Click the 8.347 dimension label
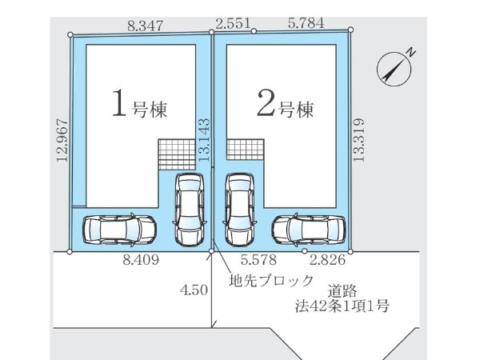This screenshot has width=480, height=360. tap(145, 26)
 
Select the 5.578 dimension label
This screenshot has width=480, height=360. tap(260, 260)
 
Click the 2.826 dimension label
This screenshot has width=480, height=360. tap(329, 260)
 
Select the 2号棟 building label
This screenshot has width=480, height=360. tap(283, 106)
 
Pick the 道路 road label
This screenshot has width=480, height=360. tap(340, 292)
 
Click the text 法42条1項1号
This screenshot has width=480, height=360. tap(340, 306)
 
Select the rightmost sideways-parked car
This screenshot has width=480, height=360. tap(308, 230)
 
